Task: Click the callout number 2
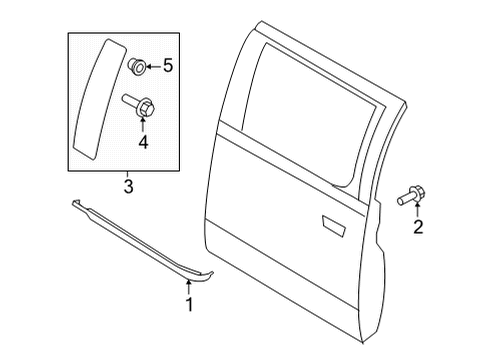coord(419,226)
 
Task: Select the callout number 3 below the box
coord(128,186)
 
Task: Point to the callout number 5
coord(167,68)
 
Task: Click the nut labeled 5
coord(136,67)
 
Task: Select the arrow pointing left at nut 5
coord(152,68)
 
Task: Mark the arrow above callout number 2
coord(418,210)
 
